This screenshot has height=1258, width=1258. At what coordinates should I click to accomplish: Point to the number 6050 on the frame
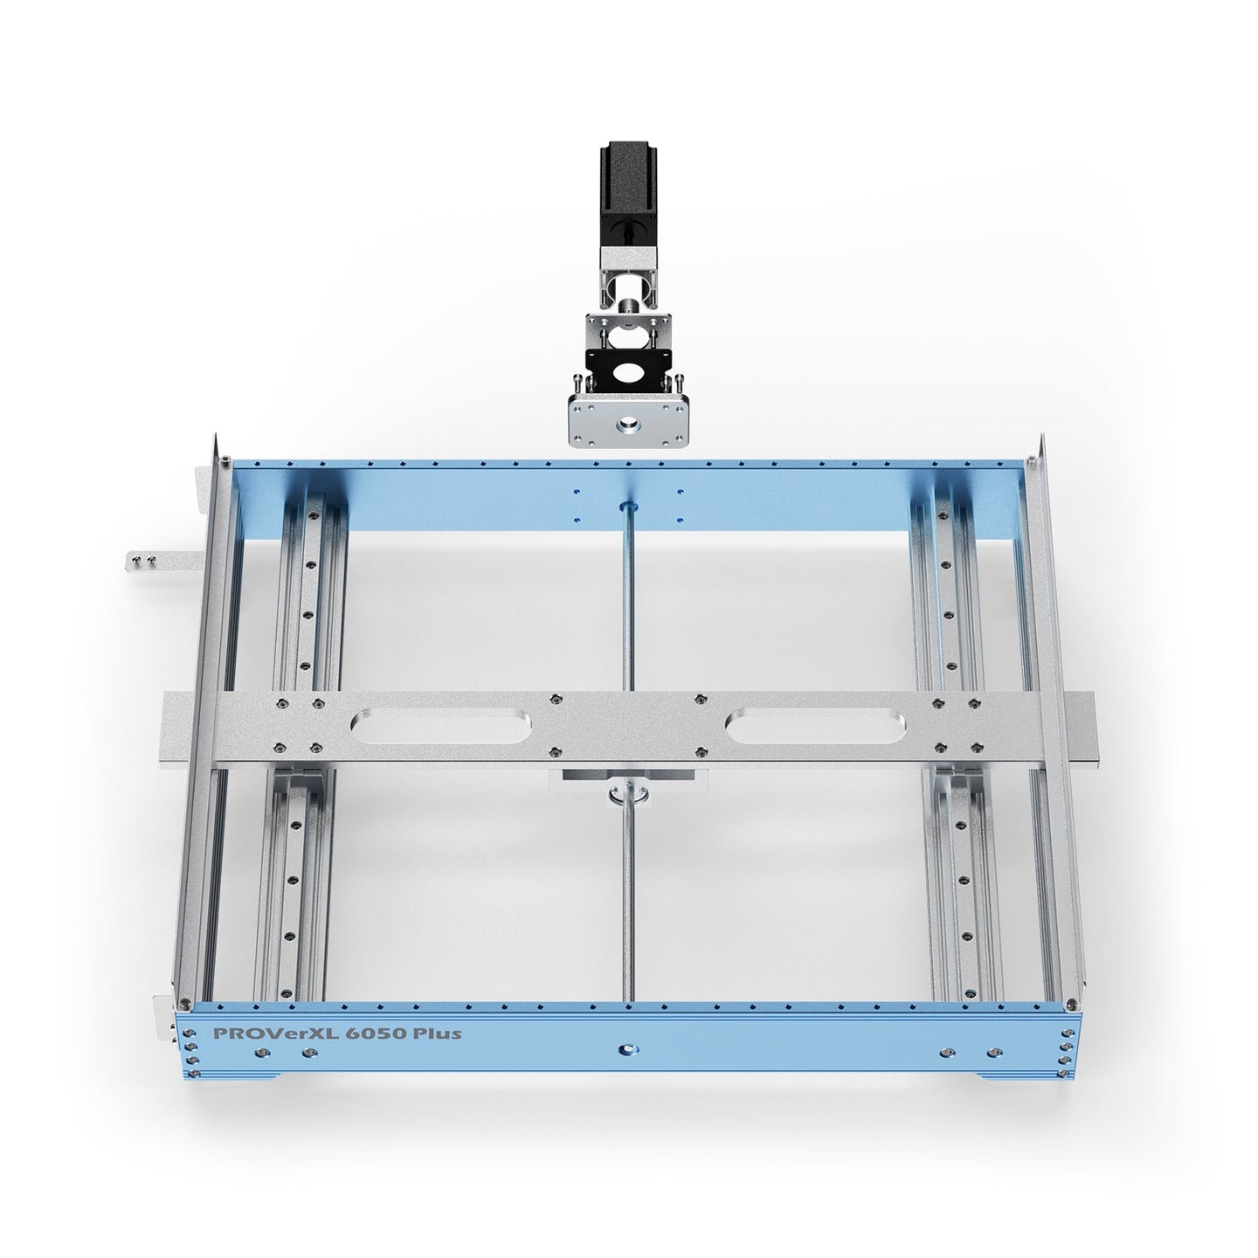358,1033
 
